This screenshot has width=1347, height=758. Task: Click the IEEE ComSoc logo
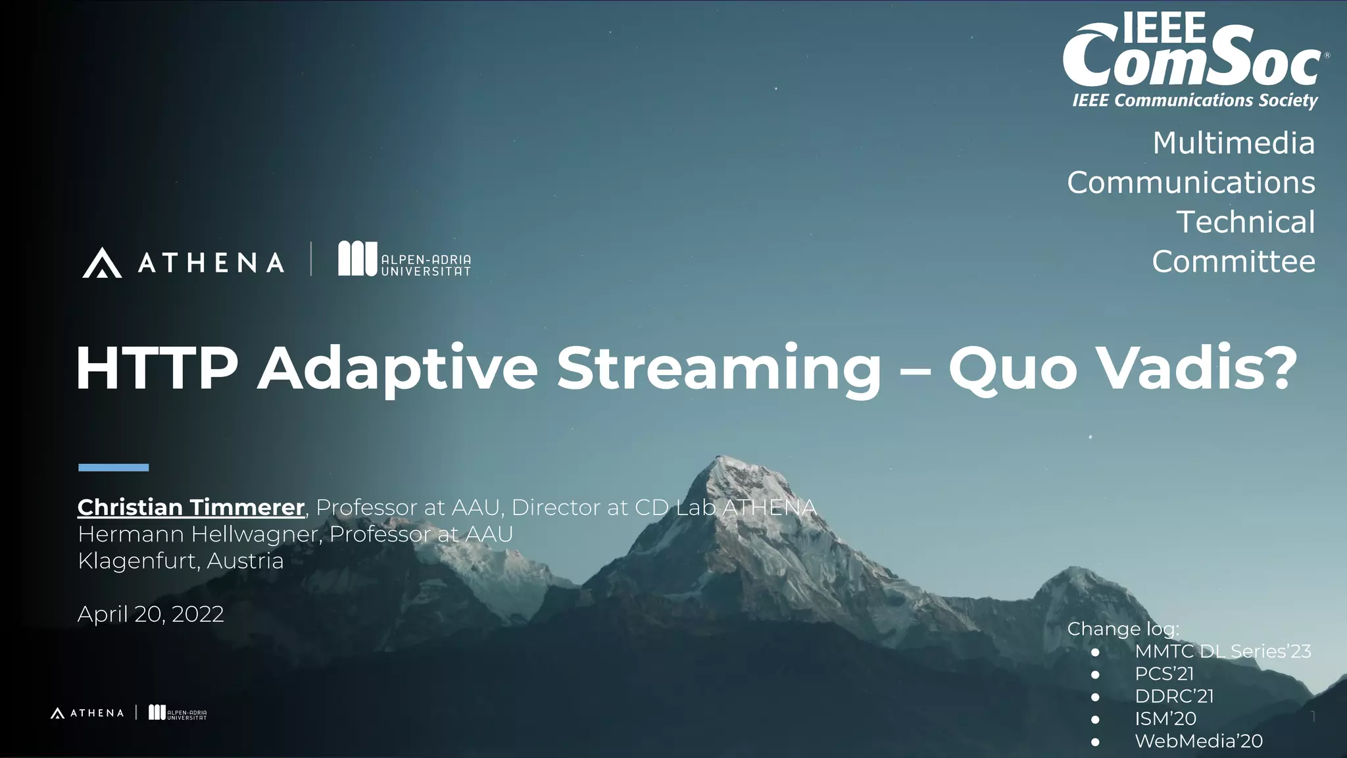1194,59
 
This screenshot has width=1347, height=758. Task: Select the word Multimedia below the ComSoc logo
1233,143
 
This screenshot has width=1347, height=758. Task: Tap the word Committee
1233,262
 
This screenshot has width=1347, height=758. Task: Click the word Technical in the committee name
1245,222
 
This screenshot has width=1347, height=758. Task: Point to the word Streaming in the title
718,368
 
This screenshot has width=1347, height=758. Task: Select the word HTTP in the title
157,368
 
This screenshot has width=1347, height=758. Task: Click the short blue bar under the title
113,468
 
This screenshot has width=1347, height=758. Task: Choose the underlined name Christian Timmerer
191,507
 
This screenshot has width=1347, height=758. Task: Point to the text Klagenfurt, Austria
181,561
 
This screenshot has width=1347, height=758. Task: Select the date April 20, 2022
151,615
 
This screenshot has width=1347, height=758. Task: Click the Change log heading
1123,629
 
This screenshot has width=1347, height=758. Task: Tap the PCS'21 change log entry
1163,674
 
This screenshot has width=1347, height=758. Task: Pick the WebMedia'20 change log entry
1198,741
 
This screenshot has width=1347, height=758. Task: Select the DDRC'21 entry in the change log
1174,696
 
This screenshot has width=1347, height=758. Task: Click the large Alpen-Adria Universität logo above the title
404,259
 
